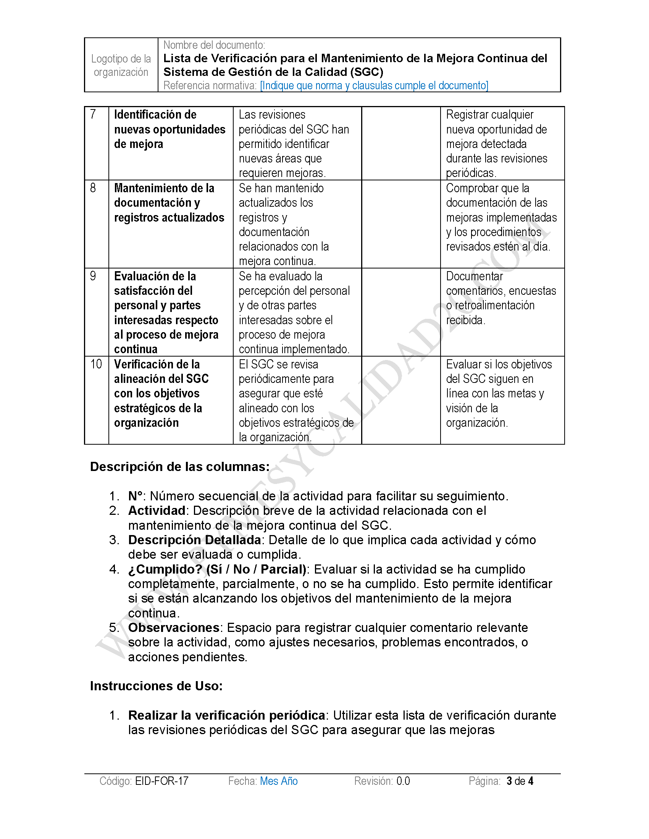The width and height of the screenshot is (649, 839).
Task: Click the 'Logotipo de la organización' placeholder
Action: coord(121,65)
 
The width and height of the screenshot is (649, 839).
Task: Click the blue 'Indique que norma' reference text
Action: coord(374,85)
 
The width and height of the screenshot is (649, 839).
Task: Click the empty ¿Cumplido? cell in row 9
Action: coord(400,312)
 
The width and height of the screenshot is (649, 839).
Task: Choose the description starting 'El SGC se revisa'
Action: coord(296,400)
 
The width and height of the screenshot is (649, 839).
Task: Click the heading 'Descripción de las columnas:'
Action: coord(179,466)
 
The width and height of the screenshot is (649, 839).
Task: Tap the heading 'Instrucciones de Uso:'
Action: coord(156,686)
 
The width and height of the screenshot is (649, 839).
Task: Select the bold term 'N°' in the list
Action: coord(136,496)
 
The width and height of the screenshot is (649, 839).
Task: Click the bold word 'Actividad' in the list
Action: coord(157,511)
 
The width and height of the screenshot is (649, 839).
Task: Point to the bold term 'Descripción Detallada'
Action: coord(195,540)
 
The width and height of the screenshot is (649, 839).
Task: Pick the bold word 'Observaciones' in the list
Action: coord(174,627)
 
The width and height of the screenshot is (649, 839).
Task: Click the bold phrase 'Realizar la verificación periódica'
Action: coord(227,715)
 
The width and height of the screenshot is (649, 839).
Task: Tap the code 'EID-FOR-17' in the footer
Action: coord(162,781)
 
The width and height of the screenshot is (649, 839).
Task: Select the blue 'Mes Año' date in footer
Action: coord(279,781)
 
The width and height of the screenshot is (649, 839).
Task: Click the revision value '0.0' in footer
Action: coord(403,781)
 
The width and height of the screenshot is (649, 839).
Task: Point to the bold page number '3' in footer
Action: coord(509,781)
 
